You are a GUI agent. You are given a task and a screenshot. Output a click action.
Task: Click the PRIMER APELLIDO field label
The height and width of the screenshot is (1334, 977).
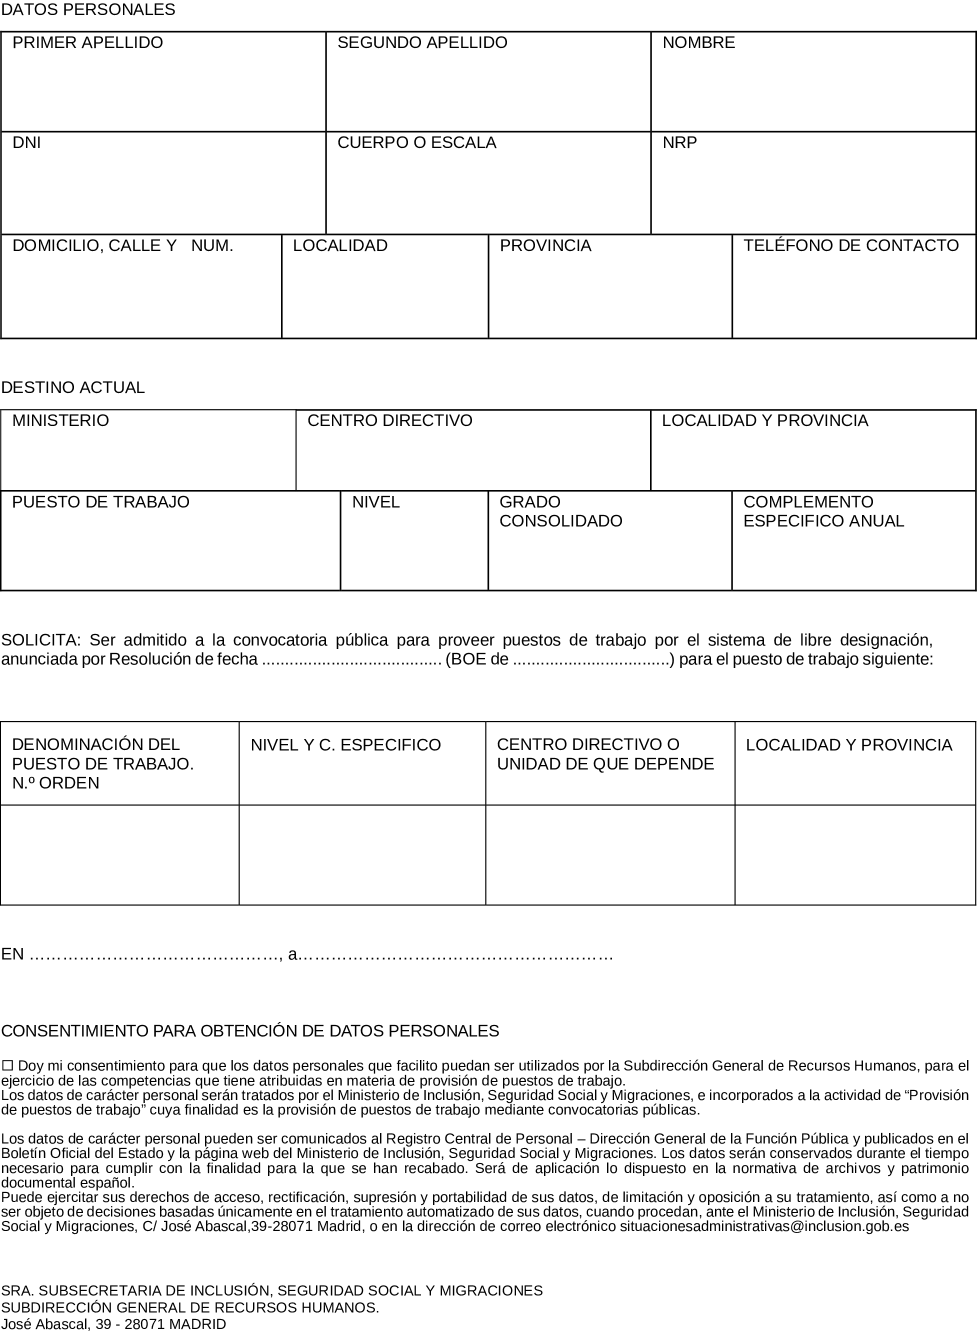87,42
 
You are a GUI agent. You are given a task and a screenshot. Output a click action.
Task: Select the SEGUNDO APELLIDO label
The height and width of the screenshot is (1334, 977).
422,42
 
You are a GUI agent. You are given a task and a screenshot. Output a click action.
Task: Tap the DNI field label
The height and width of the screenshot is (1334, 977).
26,142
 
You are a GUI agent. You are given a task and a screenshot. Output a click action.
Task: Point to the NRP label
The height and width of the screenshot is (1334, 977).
679,142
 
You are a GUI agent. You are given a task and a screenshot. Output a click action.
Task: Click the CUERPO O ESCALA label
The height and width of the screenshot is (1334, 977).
417,142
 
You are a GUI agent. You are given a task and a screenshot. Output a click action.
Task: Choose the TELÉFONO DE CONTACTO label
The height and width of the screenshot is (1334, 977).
851,245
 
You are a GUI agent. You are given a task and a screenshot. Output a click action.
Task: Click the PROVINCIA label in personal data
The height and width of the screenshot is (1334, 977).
545,245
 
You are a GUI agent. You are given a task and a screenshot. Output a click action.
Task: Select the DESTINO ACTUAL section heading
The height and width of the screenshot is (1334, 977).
72,387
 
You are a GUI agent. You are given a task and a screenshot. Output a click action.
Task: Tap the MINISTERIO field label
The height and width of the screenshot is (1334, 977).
60,420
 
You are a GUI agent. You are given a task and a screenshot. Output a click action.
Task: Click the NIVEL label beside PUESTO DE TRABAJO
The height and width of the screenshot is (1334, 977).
376,502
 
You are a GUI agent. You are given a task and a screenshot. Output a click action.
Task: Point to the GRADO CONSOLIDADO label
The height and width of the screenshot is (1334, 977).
560,511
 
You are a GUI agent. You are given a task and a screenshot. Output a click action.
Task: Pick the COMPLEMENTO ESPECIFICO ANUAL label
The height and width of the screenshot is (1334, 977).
823,511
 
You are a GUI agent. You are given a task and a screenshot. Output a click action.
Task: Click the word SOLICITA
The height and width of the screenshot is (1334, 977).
40,640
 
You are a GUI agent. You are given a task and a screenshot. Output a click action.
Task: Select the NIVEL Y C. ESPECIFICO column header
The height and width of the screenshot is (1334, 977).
346,745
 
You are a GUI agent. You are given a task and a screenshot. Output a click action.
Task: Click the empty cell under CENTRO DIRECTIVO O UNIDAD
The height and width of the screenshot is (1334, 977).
609,854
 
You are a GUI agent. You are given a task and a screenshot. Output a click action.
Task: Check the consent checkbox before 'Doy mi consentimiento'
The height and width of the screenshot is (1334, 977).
7,1065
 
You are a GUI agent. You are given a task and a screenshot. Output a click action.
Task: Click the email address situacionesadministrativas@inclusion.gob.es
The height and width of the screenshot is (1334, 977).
764,1226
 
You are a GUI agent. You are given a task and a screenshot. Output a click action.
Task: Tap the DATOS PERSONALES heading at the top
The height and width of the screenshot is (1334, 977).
88,9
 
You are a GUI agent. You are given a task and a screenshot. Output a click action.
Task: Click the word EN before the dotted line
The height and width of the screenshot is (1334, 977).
12,954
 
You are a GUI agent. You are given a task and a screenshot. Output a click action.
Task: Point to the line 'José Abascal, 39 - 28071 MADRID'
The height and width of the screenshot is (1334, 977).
113,1324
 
